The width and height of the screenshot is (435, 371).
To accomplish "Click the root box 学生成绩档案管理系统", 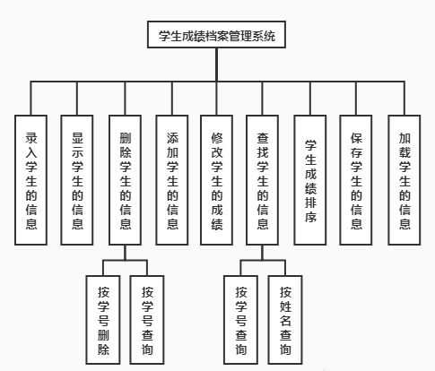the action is [x=216, y=35].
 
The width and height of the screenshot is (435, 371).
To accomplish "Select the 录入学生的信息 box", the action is [x=30, y=180].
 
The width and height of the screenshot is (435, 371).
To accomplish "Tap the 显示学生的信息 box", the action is [x=77, y=180].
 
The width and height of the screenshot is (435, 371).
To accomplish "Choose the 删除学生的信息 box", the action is [x=125, y=180].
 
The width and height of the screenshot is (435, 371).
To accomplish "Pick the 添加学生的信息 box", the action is [x=172, y=180].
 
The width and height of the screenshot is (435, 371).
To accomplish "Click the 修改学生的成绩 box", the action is [x=216, y=180].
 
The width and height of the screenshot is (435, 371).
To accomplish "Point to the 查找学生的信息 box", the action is [x=262, y=180].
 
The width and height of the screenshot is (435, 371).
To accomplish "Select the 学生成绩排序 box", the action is [x=310, y=180].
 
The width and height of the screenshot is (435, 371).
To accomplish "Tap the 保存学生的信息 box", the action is [x=356, y=180].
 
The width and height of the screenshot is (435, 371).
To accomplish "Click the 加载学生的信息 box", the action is [x=405, y=180].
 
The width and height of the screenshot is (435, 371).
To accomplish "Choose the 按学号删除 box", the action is [x=103, y=320].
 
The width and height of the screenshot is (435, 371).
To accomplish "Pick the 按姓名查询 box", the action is [x=285, y=320].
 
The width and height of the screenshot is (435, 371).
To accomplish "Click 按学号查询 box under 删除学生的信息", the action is [x=147, y=320].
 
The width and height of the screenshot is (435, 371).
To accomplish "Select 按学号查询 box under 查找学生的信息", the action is [x=240, y=320].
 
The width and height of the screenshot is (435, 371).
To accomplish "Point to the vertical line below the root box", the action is [x=216, y=65].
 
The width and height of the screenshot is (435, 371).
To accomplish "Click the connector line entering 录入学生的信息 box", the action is [x=30, y=99].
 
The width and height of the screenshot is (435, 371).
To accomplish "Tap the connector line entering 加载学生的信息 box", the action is [x=405, y=99].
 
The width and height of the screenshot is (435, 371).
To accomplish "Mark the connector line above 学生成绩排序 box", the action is [x=310, y=99].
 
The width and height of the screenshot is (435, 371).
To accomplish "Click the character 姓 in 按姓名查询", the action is [x=285, y=306].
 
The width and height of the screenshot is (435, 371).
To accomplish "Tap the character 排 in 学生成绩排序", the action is [x=310, y=203].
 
